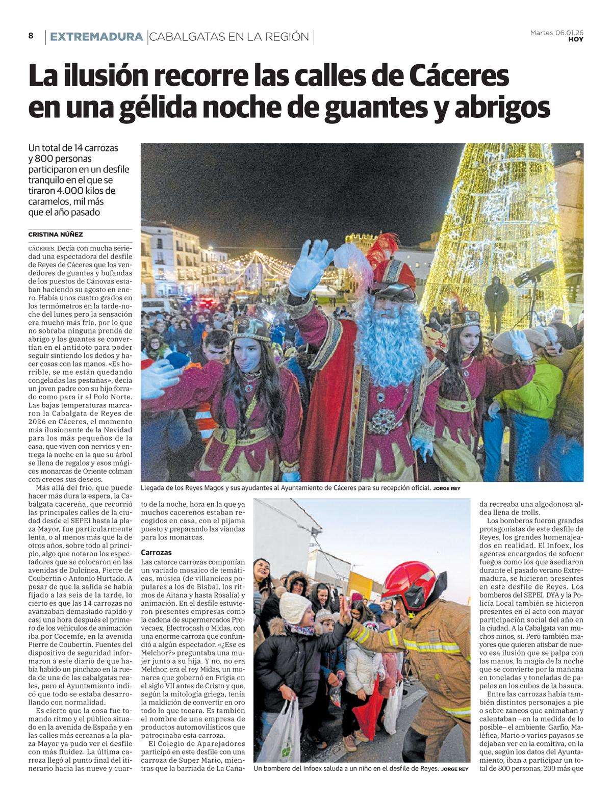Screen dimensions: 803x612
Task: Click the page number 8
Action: (x=31, y=36)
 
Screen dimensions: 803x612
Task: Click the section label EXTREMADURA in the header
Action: (x=96, y=37)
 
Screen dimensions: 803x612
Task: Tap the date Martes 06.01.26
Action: (x=557, y=33)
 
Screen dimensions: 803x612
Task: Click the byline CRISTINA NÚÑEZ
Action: (x=56, y=235)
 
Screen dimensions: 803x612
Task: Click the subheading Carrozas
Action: (x=156, y=552)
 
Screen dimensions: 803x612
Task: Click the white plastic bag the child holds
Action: (x=282, y=734)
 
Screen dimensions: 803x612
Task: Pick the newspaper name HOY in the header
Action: (x=576, y=39)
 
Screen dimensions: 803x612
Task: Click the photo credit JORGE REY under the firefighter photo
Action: (x=454, y=783)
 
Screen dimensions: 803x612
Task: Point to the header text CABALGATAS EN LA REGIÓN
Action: (x=229, y=37)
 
